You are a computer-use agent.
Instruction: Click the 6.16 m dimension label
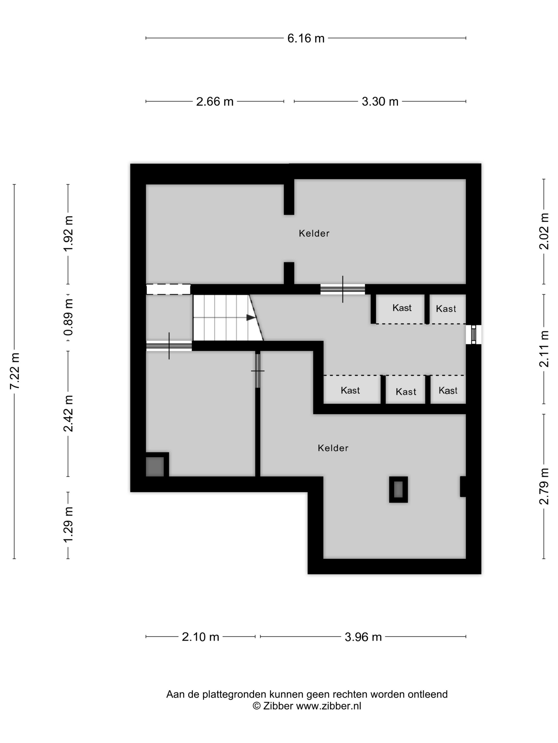tap(306, 38)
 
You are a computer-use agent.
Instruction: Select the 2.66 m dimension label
tap(215, 101)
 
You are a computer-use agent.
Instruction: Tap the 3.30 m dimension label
tap(380, 101)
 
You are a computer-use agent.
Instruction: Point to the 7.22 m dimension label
tap(15, 371)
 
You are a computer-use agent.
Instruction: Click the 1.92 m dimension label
tap(69, 234)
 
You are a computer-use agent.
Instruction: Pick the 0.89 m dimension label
tap(69, 317)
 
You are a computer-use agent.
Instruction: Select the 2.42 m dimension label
tap(69, 413)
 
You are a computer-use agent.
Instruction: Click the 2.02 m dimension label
tap(544, 231)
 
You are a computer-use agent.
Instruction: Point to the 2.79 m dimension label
tap(544, 486)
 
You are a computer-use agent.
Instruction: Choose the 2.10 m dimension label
tap(200, 637)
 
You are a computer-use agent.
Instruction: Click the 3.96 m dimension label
tap(363, 637)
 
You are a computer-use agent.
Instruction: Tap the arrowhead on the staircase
tap(251, 317)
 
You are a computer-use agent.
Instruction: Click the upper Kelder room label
tap(314, 234)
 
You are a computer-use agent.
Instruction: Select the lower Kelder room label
tap(333, 448)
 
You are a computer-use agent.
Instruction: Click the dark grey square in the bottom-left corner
tap(155, 466)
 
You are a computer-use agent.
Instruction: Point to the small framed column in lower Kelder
tap(399, 489)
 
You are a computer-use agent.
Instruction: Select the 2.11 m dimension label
tap(544, 349)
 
